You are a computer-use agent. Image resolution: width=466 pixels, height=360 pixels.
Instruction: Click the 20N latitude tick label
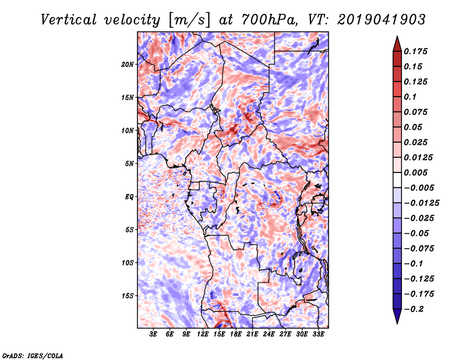128,64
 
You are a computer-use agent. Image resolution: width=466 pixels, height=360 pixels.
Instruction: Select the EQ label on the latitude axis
129,196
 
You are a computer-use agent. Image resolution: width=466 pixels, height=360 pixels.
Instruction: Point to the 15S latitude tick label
128,295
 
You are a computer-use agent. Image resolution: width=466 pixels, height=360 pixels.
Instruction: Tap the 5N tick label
130,163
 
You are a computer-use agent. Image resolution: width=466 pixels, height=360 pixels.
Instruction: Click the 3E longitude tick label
154,335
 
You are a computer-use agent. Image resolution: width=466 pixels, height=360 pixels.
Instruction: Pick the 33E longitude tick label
319,335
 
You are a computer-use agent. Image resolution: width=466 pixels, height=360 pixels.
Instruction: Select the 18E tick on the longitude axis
236,335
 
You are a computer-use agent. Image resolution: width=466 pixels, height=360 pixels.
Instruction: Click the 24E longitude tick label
269,335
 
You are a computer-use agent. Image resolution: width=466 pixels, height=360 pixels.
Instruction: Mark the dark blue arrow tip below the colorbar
396,319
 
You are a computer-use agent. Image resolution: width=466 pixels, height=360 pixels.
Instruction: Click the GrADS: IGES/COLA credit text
32,355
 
